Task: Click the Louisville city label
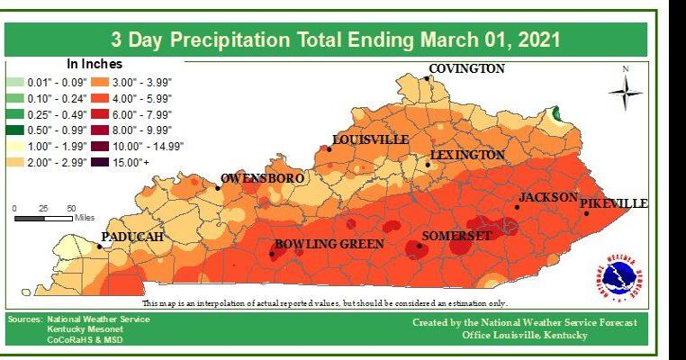pyautogui.click(x=370, y=139)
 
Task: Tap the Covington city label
pyautogui.click(x=466, y=69)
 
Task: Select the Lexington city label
pyautogui.click(x=467, y=155)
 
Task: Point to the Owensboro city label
pyautogui.click(x=259, y=178)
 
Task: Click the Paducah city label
pyautogui.click(x=132, y=236)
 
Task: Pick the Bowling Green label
pyautogui.click(x=329, y=244)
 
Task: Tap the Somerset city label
pyautogui.click(x=456, y=236)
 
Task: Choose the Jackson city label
pyautogui.click(x=548, y=196)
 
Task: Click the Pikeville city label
pyautogui.click(x=613, y=204)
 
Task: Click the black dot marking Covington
pyautogui.click(x=428, y=78)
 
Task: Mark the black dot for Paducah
pyautogui.click(x=99, y=246)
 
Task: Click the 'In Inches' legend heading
pyautogui.click(x=95, y=65)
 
